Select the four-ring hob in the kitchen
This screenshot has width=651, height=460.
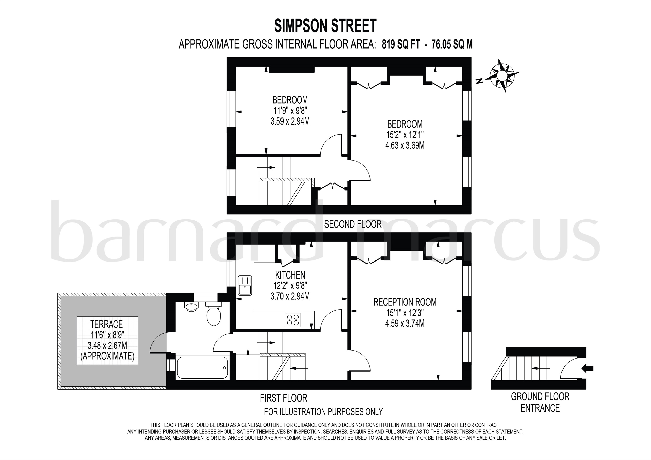(293, 320)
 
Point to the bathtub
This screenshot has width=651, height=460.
(202, 367)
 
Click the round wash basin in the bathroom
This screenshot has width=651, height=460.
(192, 307)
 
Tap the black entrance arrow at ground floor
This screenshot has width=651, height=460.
(587, 369)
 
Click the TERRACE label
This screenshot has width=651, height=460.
(106, 324)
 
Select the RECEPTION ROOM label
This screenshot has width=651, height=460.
(405, 302)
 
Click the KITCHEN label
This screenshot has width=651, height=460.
(290, 275)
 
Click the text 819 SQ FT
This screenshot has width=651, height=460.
(400, 44)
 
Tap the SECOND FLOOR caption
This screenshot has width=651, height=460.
(353, 224)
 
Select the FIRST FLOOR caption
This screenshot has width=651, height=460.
(284, 398)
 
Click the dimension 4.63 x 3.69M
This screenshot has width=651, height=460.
(405, 145)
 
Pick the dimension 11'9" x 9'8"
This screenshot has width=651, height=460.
(290, 111)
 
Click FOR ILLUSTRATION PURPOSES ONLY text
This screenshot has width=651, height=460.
(323, 411)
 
